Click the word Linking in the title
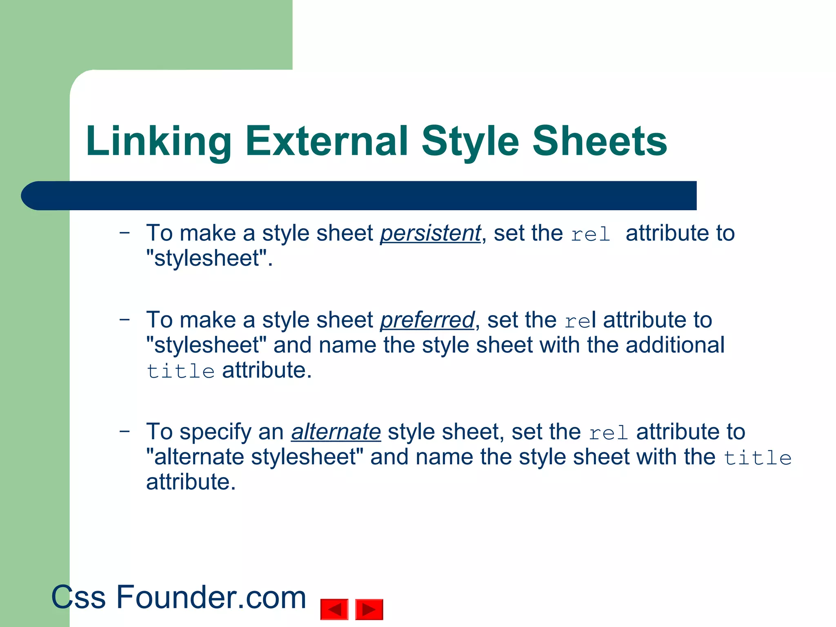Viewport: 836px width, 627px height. pos(158,141)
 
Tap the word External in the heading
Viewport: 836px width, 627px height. pos(327,141)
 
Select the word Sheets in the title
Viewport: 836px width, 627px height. pos(600,141)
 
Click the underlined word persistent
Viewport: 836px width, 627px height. pos(430,233)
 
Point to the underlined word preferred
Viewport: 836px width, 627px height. pos(427,320)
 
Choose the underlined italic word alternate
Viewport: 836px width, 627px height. pos(336,432)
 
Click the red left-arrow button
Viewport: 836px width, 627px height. pos(334,609)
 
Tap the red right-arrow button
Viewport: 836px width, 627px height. pos(369,609)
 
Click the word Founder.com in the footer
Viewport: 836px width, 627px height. pos(211,597)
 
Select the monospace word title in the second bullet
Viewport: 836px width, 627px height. pos(180,371)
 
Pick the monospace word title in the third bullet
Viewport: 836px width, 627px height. pos(758,458)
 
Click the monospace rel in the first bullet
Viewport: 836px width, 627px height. pos(590,235)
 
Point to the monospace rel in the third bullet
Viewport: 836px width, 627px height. pos(608,433)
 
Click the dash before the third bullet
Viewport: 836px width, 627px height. pos(125,431)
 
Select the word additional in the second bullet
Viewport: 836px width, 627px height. pos(675,345)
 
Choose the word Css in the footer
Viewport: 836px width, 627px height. pos(78,597)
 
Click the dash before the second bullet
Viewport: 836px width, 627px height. pos(125,319)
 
